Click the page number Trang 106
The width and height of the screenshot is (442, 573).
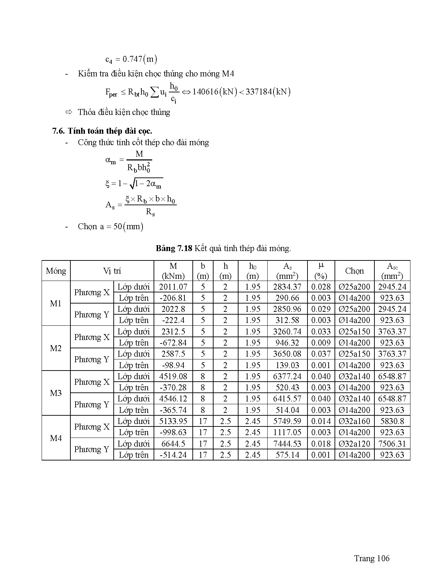pyautogui.click(x=372, y=558)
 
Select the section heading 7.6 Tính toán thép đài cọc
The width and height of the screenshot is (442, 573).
pyautogui.click(x=102, y=131)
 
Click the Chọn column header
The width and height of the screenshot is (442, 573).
pyautogui.click(x=354, y=271)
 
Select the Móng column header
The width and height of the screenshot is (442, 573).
pyautogui.click(x=56, y=271)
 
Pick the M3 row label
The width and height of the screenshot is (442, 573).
pyautogui.click(x=56, y=393)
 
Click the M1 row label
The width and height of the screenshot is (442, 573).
pyautogui.click(x=56, y=304)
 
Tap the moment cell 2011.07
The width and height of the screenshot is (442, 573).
pyautogui.click(x=173, y=287)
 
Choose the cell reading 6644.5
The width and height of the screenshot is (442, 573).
pyautogui.click(x=173, y=444)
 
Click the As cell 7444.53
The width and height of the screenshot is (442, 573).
pyautogui.click(x=287, y=444)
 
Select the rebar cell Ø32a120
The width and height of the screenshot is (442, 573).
pyautogui.click(x=354, y=444)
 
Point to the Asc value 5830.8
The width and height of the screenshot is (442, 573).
pyautogui.click(x=392, y=421)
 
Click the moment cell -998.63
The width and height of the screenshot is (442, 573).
pyautogui.click(x=173, y=432)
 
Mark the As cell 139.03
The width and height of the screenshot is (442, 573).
pyautogui.click(x=287, y=365)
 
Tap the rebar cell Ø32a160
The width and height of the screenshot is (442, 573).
pyautogui.click(x=354, y=421)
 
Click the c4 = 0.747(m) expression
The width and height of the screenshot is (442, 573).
pyautogui.click(x=131, y=59)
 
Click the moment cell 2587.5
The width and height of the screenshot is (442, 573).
pyautogui.click(x=173, y=354)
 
